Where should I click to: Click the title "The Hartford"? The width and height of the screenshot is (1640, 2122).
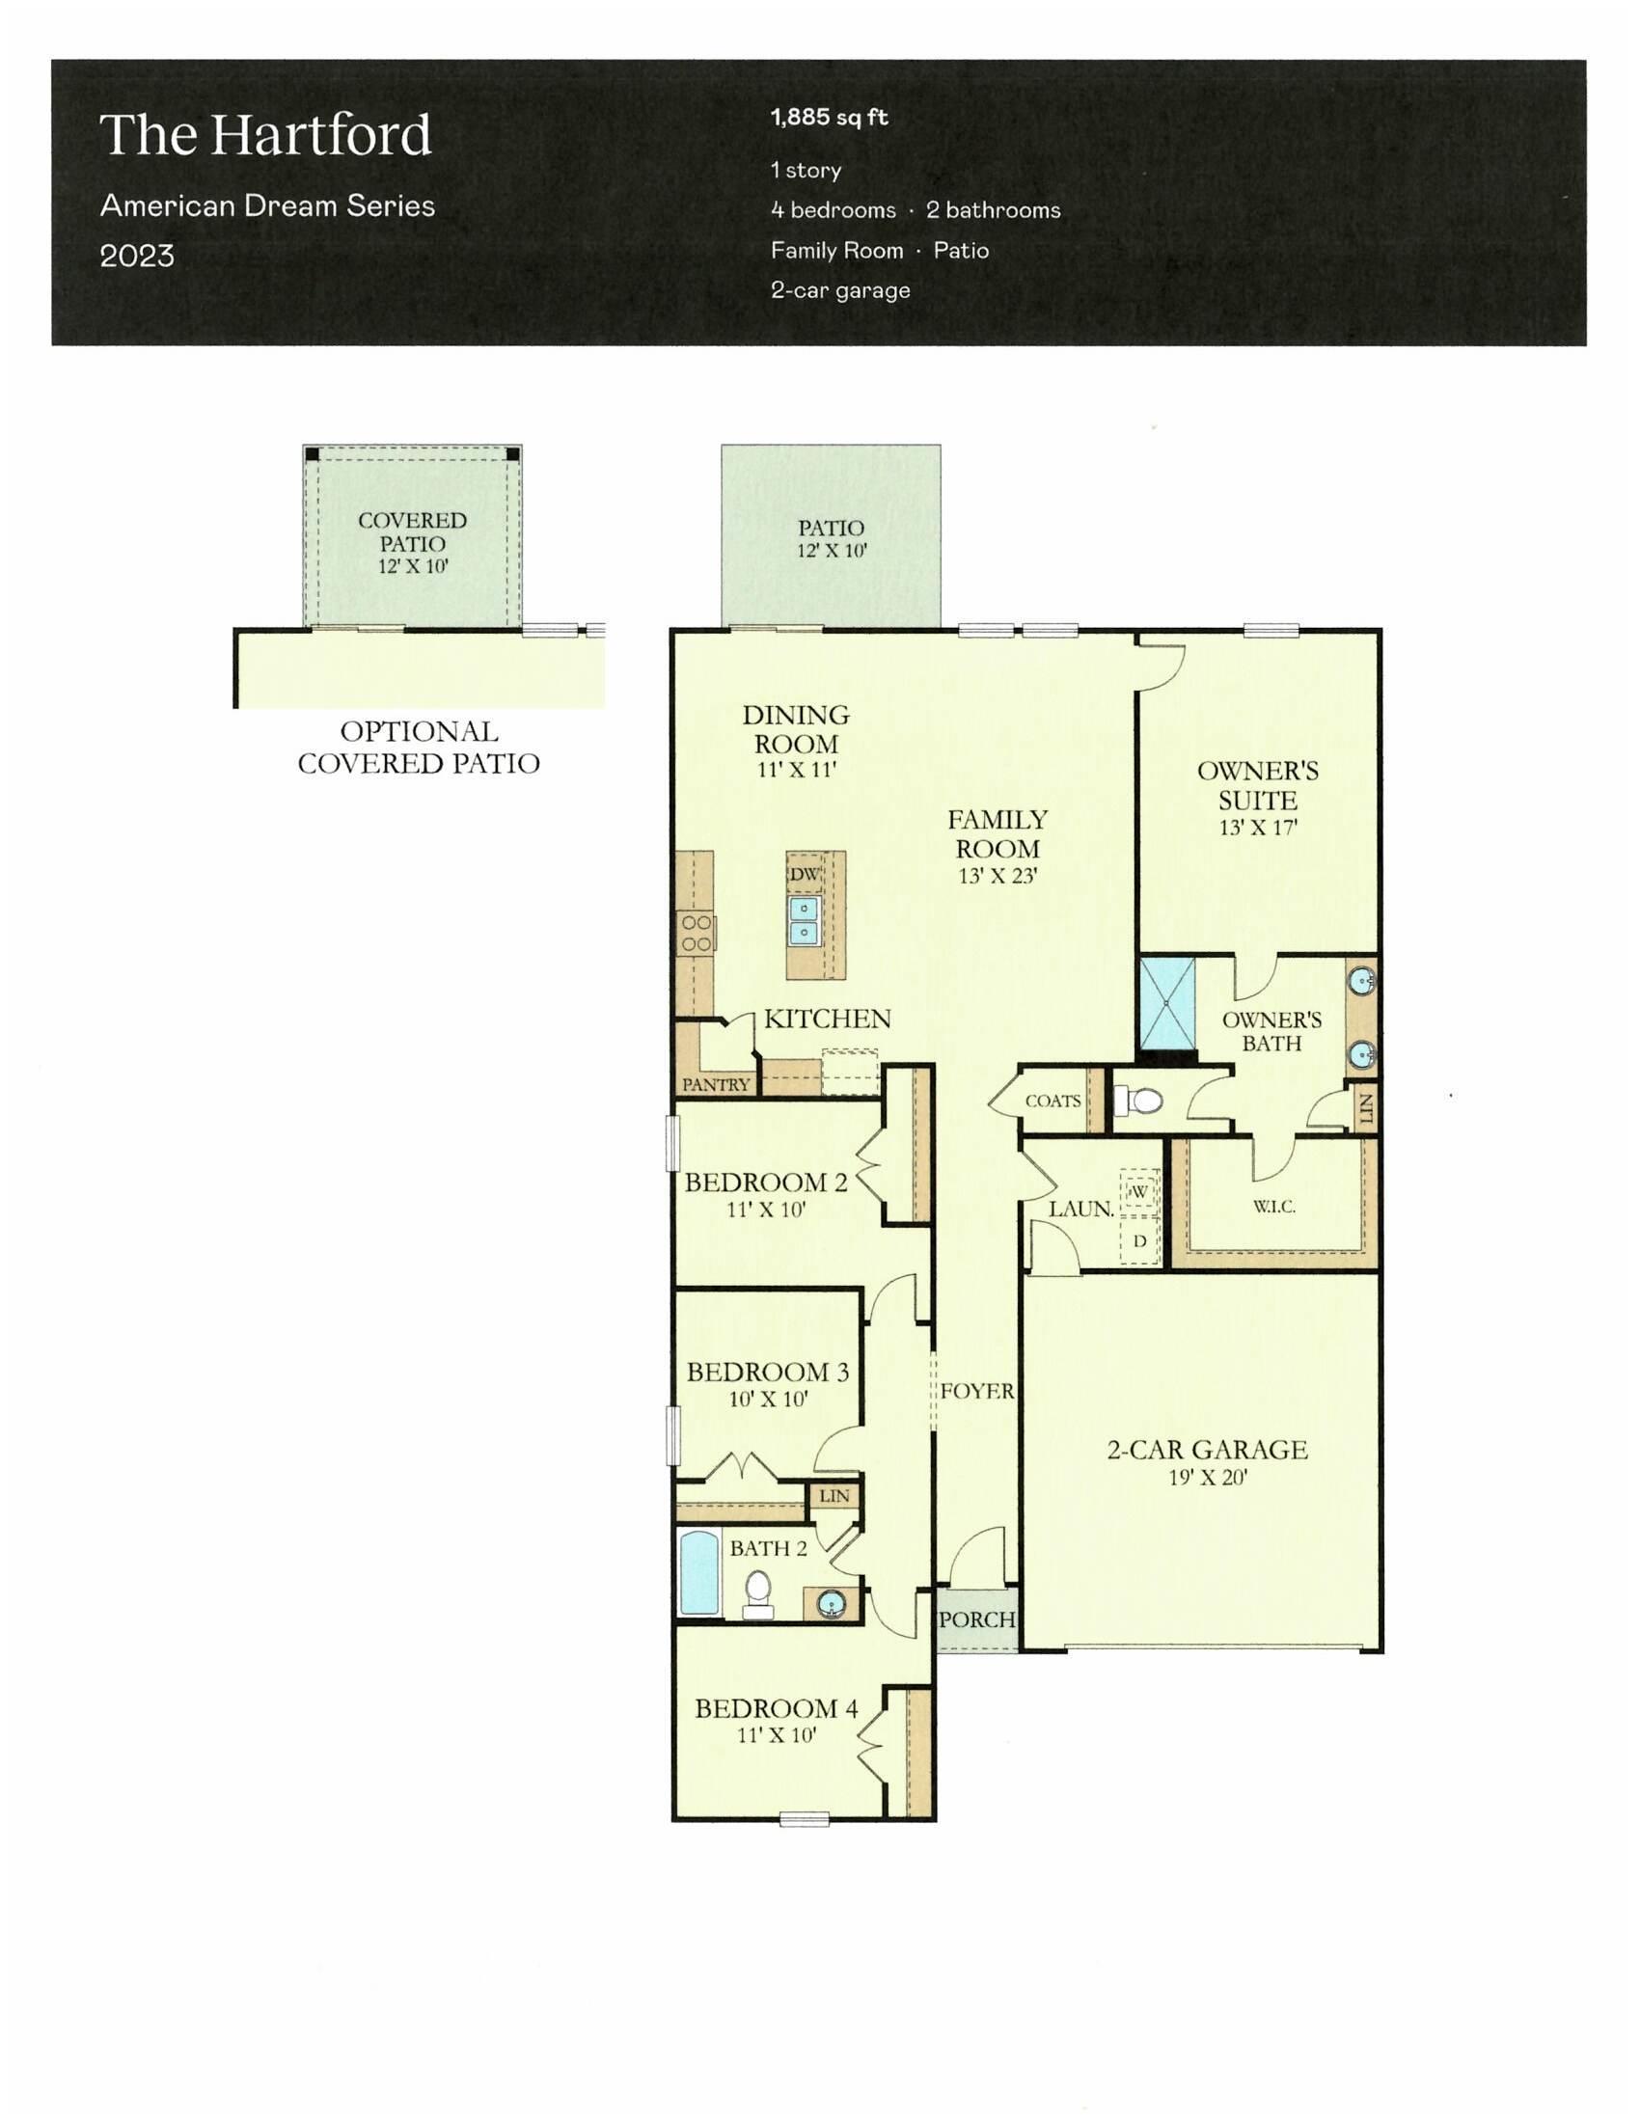(265, 135)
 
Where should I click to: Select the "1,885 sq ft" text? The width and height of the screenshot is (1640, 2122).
(829, 118)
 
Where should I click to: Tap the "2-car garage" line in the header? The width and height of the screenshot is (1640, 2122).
(839, 290)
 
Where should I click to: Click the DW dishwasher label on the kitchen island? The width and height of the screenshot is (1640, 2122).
(804, 875)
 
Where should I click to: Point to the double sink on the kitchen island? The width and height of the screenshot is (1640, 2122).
(805, 920)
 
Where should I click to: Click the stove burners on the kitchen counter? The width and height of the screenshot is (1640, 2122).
(696, 933)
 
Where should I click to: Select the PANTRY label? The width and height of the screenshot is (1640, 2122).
(715, 1084)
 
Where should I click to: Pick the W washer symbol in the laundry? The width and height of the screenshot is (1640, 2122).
(1139, 1191)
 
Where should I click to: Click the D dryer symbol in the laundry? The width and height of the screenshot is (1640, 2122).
(1139, 1240)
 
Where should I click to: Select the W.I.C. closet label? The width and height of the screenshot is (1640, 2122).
(1273, 1207)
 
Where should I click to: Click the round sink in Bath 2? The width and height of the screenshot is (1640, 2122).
(831, 1603)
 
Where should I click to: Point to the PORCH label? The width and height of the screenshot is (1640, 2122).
(976, 1619)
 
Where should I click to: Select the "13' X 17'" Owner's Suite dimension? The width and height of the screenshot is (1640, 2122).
(1258, 828)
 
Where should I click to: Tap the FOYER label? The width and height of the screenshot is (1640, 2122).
(976, 1391)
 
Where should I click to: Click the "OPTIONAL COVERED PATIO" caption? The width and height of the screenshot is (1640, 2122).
(419, 748)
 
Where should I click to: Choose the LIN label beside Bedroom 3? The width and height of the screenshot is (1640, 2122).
(834, 1496)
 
